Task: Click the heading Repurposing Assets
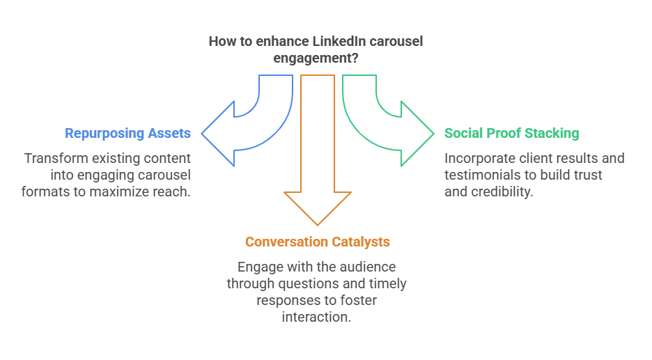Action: click(x=127, y=133)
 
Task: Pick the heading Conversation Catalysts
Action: click(x=317, y=242)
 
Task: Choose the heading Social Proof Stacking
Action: click(x=512, y=133)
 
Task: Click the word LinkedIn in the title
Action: click(x=329, y=42)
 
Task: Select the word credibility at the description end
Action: click(x=499, y=191)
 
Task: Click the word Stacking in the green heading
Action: click(x=552, y=133)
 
